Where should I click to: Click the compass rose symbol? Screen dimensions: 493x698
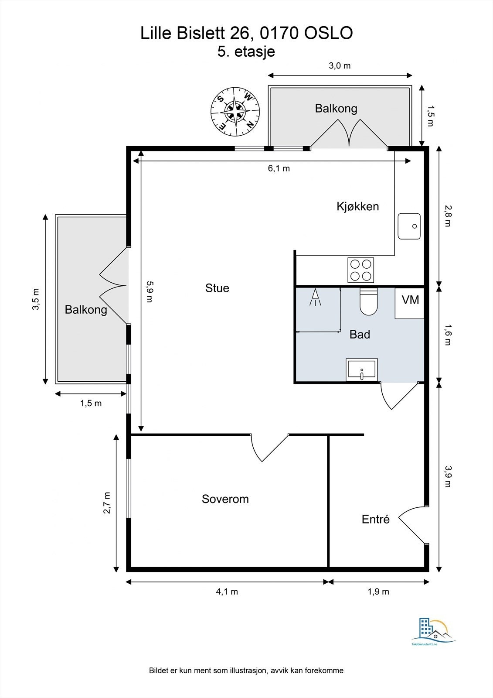pyautogui.click(x=235, y=112)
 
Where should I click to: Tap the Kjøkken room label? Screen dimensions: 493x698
pyautogui.click(x=357, y=206)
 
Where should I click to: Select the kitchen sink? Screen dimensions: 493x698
pyautogui.click(x=409, y=226)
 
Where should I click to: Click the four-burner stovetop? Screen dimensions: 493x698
pyautogui.click(x=360, y=270)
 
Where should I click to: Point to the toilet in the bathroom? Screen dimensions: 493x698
pyautogui.click(x=368, y=301)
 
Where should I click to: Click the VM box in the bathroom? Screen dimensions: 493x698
pyautogui.click(x=410, y=303)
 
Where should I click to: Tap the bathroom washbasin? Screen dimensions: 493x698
pyautogui.click(x=361, y=370)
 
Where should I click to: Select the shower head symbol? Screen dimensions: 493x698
pyautogui.click(x=315, y=297)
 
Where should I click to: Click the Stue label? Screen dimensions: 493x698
pyautogui.click(x=217, y=288)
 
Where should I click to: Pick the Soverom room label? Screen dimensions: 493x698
pyautogui.click(x=225, y=499)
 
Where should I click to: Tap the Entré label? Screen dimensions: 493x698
pyautogui.click(x=376, y=519)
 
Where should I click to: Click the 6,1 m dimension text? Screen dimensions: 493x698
pyautogui.click(x=279, y=168)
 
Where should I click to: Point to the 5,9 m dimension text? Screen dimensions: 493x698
pyautogui.click(x=150, y=292)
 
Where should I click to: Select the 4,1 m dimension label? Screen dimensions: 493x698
pyautogui.click(x=227, y=592)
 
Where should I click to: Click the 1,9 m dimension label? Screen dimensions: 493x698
pyautogui.click(x=378, y=592)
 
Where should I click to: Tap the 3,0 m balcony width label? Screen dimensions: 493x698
pyautogui.click(x=340, y=66)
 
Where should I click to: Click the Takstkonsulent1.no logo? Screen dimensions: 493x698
pyautogui.click(x=434, y=632)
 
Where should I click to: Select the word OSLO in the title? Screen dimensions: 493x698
pyautogui.click(x=328, y=33)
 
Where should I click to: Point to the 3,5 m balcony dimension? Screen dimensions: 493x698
pyautogui.click(x=37, y=299)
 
